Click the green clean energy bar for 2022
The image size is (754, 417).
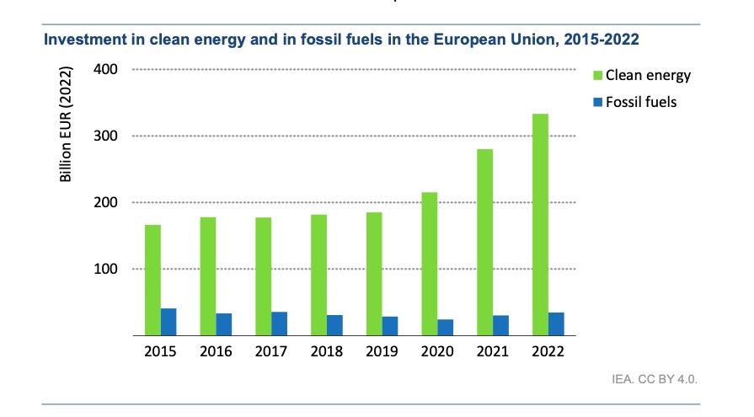point(540,224)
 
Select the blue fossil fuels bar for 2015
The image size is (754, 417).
point(169,322)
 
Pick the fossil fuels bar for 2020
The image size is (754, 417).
point(447,327)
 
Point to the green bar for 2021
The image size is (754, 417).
point(484,243)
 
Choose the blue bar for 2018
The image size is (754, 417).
point(335,325)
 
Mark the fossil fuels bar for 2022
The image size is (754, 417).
point(557,323)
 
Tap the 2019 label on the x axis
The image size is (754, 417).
point(382,351)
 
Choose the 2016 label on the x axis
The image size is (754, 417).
point(217,351)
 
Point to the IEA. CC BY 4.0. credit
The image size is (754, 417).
point(655,379)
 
